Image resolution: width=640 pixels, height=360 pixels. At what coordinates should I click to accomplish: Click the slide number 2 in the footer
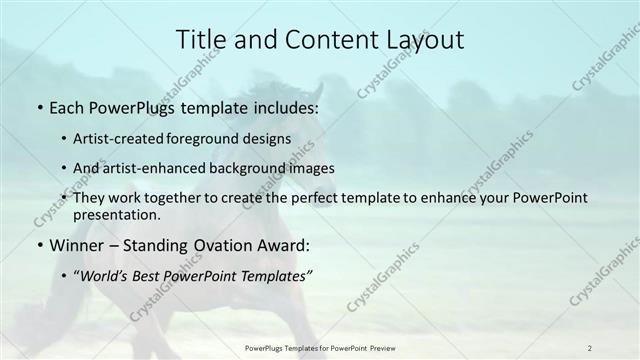tap(590, 347)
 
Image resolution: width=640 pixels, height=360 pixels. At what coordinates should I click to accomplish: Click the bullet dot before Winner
tap(38, 246)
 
